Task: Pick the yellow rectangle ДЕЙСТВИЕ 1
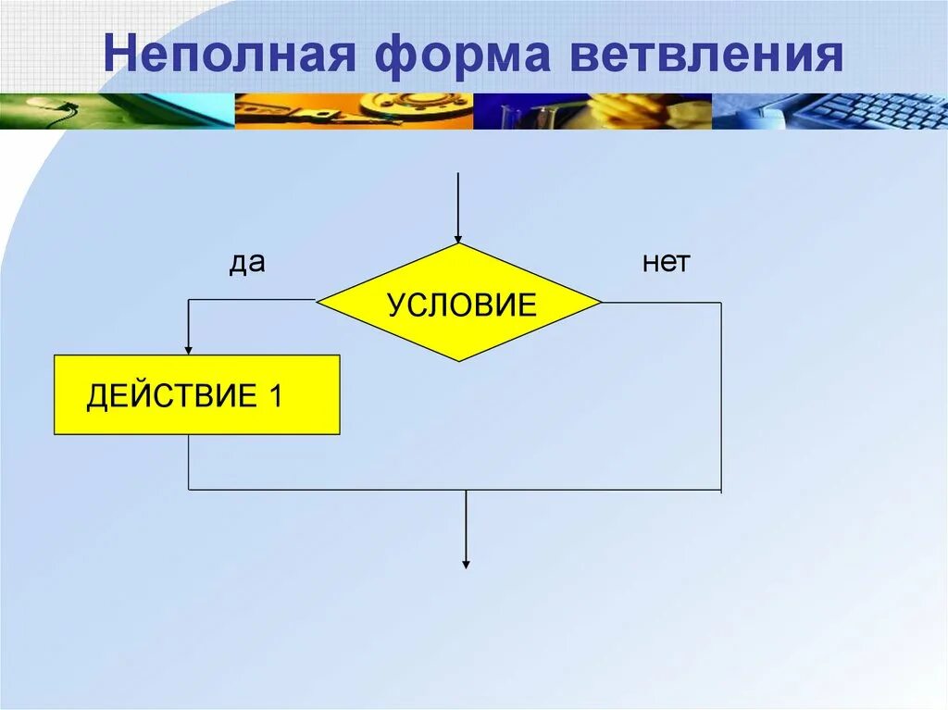[x=196, y=394]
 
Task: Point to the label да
[x=247, y=263]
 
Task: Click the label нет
[x=666, y=263]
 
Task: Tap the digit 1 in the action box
[x=275, y=396]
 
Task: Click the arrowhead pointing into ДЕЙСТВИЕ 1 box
[x=189, y=349]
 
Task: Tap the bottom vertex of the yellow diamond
[x=459, y=360]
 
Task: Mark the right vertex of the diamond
[x=601, y=302]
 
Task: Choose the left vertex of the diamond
[x=318, y=301]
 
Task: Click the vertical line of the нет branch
[x=721, y=398]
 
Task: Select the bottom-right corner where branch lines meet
[x=721, y=489]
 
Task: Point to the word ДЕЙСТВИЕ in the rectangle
[x=171, y=396]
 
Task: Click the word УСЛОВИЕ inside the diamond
[x=462, y=305]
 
